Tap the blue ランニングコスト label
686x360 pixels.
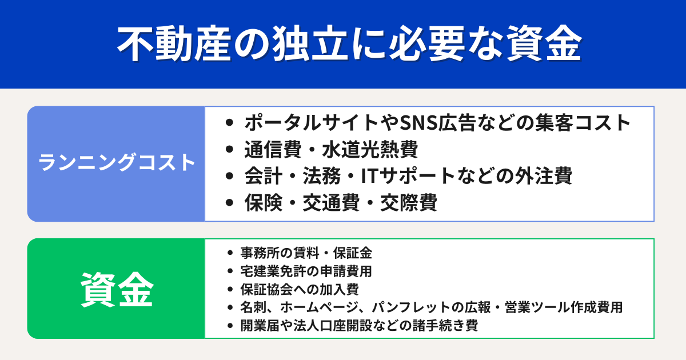point(117,163)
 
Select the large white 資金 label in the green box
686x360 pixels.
point(117,289)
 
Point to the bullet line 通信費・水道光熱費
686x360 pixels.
point(331,150)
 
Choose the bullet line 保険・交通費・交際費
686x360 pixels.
point(341,203)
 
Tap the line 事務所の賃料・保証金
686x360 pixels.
point(307,252)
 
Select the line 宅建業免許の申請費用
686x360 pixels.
point(307,270)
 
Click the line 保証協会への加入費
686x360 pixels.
point(300,289)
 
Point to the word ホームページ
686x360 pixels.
point(318,307)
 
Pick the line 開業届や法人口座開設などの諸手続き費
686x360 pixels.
point(359,326)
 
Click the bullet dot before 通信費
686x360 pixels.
point(230,150)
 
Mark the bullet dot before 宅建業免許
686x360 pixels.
point(230,270)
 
